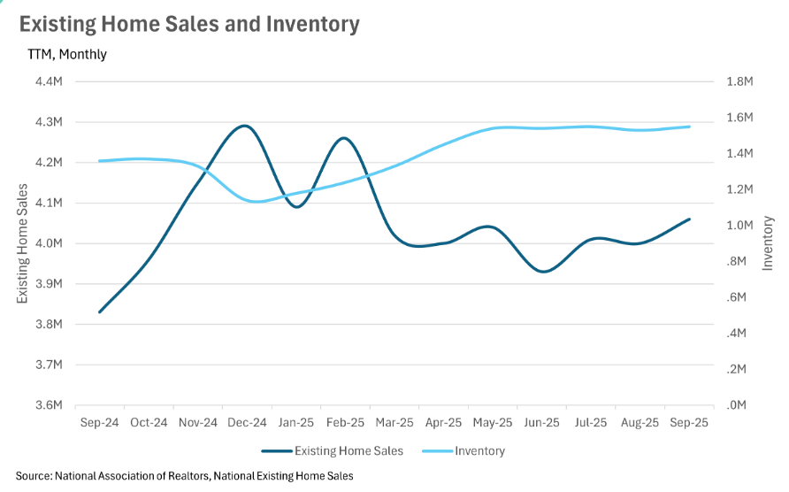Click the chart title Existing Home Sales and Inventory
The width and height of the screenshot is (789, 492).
189,24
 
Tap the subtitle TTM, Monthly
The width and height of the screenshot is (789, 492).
67,54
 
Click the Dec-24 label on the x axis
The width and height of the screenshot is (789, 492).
247,423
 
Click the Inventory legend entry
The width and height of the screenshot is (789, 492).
479,451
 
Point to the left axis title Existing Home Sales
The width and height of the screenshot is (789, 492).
22,243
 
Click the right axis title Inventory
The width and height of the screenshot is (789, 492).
768,243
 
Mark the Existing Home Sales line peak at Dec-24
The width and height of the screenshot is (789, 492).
245,126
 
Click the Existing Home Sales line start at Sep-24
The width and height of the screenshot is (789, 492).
99,311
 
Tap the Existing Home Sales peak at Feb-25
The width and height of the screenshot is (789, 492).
343,138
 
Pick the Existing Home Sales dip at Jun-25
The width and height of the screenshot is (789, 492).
544,272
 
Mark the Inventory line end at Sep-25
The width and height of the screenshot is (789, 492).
690,127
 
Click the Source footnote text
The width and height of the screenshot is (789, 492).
184,476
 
